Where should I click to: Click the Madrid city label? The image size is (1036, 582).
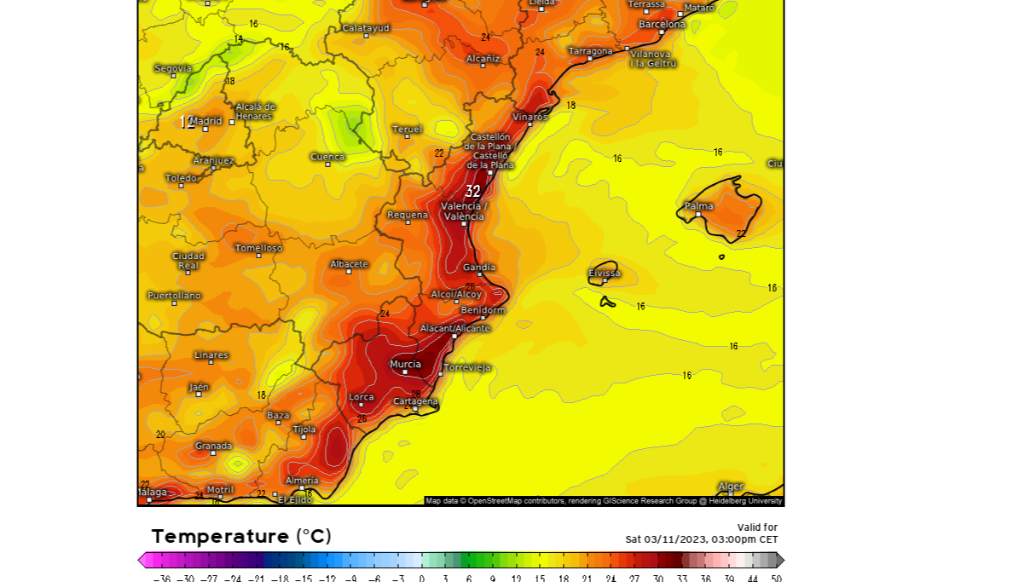pos(205,121)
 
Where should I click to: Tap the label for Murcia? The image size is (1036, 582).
pos(405,365)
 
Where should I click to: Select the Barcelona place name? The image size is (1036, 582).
pos(662,24)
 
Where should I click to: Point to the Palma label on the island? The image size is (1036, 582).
pos(699,206)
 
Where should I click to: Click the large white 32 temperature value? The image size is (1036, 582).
pos(472,192)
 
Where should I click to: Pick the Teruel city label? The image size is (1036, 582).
pos(407,130)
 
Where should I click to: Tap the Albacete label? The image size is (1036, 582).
pos(349,264)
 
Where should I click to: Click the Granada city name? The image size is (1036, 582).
pos(213,446)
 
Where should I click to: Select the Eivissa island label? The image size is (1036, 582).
pos(604,274)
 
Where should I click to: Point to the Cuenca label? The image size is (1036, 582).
pos(327,157)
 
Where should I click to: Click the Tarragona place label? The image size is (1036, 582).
pos(590,51)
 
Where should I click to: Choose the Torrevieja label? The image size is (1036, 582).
pos(466,367)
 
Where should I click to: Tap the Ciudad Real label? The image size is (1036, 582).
pos(188,261)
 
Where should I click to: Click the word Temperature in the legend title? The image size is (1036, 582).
pos(220,537)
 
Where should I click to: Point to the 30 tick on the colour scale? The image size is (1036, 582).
pos(657,578)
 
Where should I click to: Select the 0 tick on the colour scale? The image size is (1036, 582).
pos(421,578)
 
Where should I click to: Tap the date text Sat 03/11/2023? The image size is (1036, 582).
pos(668,539)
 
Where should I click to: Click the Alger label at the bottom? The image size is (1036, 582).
pos(730,487)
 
